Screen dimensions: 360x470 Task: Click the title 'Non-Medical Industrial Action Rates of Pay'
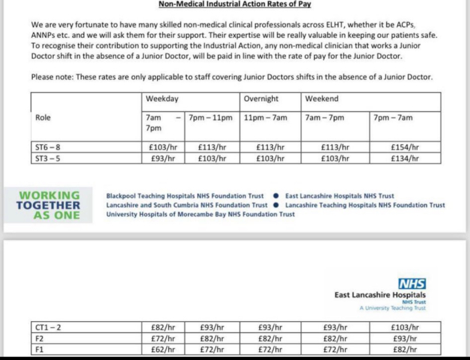(x=234, y=4)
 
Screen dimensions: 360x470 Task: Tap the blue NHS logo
(x=412, y=284)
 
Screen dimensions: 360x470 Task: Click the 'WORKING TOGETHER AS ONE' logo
(x=49, y=205)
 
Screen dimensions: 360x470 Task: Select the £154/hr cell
(x=404, y=146)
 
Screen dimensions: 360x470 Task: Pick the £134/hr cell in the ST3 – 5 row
(x=404, y=159)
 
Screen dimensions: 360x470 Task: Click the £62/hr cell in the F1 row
(x=162, y=349)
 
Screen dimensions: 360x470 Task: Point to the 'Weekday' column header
(x=162, y=99)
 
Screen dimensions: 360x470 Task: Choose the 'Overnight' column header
(x=261, y=99)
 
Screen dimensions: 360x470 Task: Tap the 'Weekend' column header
(x=322, y=99)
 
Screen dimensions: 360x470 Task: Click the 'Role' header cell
(x=43, y=118)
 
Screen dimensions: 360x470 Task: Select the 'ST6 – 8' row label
(x=48, y=146)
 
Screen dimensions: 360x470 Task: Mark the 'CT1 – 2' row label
(x=49, y=328)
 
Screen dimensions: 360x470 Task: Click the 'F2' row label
(x=40, y=338)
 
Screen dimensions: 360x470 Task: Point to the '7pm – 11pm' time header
(x=210, y=118)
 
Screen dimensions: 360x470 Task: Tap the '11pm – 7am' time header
(x=265, y=118)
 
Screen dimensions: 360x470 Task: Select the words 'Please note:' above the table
(x=51, y=77)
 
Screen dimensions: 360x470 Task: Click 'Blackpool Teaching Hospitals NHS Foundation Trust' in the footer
(x=185, y=196)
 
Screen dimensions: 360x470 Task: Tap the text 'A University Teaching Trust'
(x=393, y=308)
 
